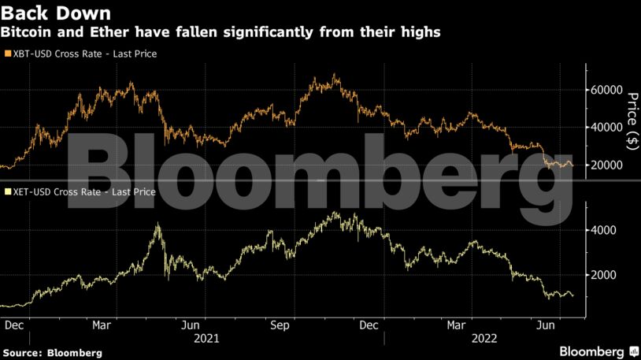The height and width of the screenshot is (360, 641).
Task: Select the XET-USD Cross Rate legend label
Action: [x=83, y=191]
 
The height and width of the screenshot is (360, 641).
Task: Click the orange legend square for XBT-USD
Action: [x=7, y=54]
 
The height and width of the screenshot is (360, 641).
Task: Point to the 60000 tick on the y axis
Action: [x=608, y=90]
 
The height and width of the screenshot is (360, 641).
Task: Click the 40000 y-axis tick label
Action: [x=608, y=128]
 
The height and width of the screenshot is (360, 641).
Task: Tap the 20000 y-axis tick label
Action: [x=608, y=165]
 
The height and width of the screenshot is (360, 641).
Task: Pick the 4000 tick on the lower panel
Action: [x=605, y=230]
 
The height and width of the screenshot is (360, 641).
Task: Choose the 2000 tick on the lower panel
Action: [x=605, y=275]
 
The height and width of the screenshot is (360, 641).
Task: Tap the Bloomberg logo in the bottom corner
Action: [x=598, y=350]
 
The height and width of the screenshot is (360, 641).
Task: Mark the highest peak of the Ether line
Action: [x=336, y=212]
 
